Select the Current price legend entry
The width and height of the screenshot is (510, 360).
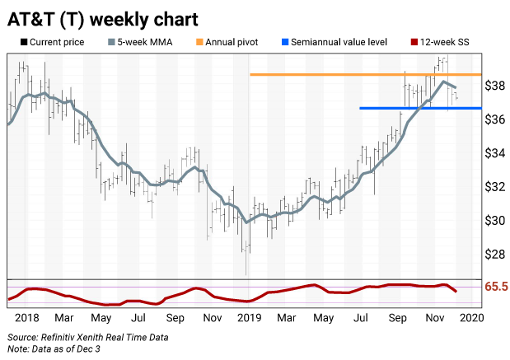(54, 40)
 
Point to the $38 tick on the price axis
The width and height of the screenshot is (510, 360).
(494, 86)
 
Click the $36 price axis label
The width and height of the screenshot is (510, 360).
(494, 119)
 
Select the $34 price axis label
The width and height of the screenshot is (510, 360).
(494, 153)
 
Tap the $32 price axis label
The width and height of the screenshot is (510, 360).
(494, 187)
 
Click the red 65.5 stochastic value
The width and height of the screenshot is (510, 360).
(495, 288)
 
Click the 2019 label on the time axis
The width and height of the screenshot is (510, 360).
(248, 317)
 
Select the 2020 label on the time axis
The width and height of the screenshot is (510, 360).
(471, 317)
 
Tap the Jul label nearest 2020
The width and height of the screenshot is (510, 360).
(361, 317)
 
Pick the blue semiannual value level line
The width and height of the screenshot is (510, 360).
(420, 108)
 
